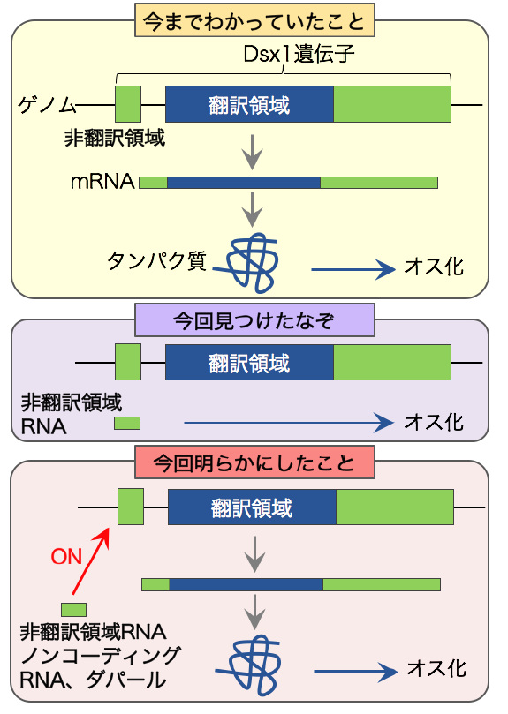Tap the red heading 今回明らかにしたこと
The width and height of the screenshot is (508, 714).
(254, 462)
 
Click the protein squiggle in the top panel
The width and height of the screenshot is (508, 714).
(254, 259)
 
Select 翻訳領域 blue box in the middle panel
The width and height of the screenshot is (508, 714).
(250, 363)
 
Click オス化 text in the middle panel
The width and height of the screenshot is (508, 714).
(433, 422)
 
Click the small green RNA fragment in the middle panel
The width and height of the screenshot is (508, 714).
(127, 424)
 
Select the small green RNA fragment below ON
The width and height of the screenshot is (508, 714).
(73, 609)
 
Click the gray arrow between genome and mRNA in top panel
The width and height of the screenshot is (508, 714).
(254, 152)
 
